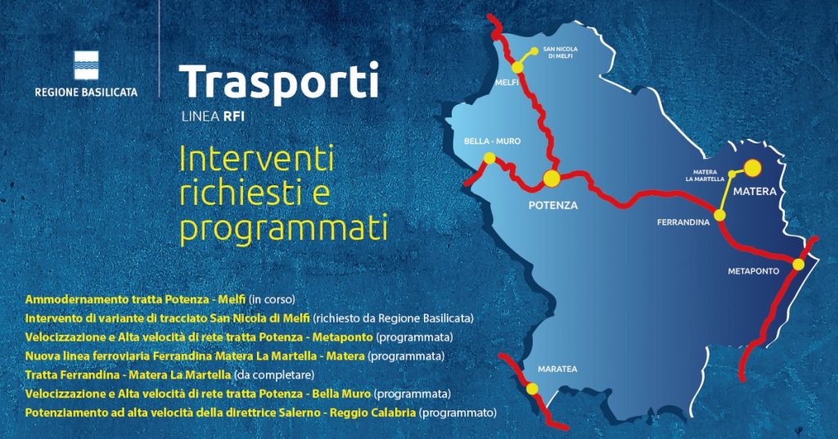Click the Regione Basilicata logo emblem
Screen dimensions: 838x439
[86, 66]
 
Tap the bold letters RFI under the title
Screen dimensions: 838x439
[234, 116]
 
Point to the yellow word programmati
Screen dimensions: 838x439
[283, 229]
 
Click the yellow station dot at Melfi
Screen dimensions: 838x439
[517, 67]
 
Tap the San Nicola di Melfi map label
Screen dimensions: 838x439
[560, 52]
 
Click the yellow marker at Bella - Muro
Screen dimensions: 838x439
[489, 158]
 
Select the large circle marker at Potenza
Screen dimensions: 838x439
[552, 179]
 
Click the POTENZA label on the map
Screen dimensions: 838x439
[553, 206]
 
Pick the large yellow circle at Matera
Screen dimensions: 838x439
[753, 168]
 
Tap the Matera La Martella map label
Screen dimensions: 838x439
[705, 176]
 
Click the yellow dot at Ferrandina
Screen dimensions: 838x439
[720, 215]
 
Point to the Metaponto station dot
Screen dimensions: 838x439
[798, 265]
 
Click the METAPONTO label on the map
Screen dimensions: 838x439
[754, 272]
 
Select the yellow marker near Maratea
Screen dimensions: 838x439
[532, 389]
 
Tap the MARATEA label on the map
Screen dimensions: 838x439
[557, 369]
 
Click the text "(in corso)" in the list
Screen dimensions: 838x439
[272, 300]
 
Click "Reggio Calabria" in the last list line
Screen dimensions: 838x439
[372, 413]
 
